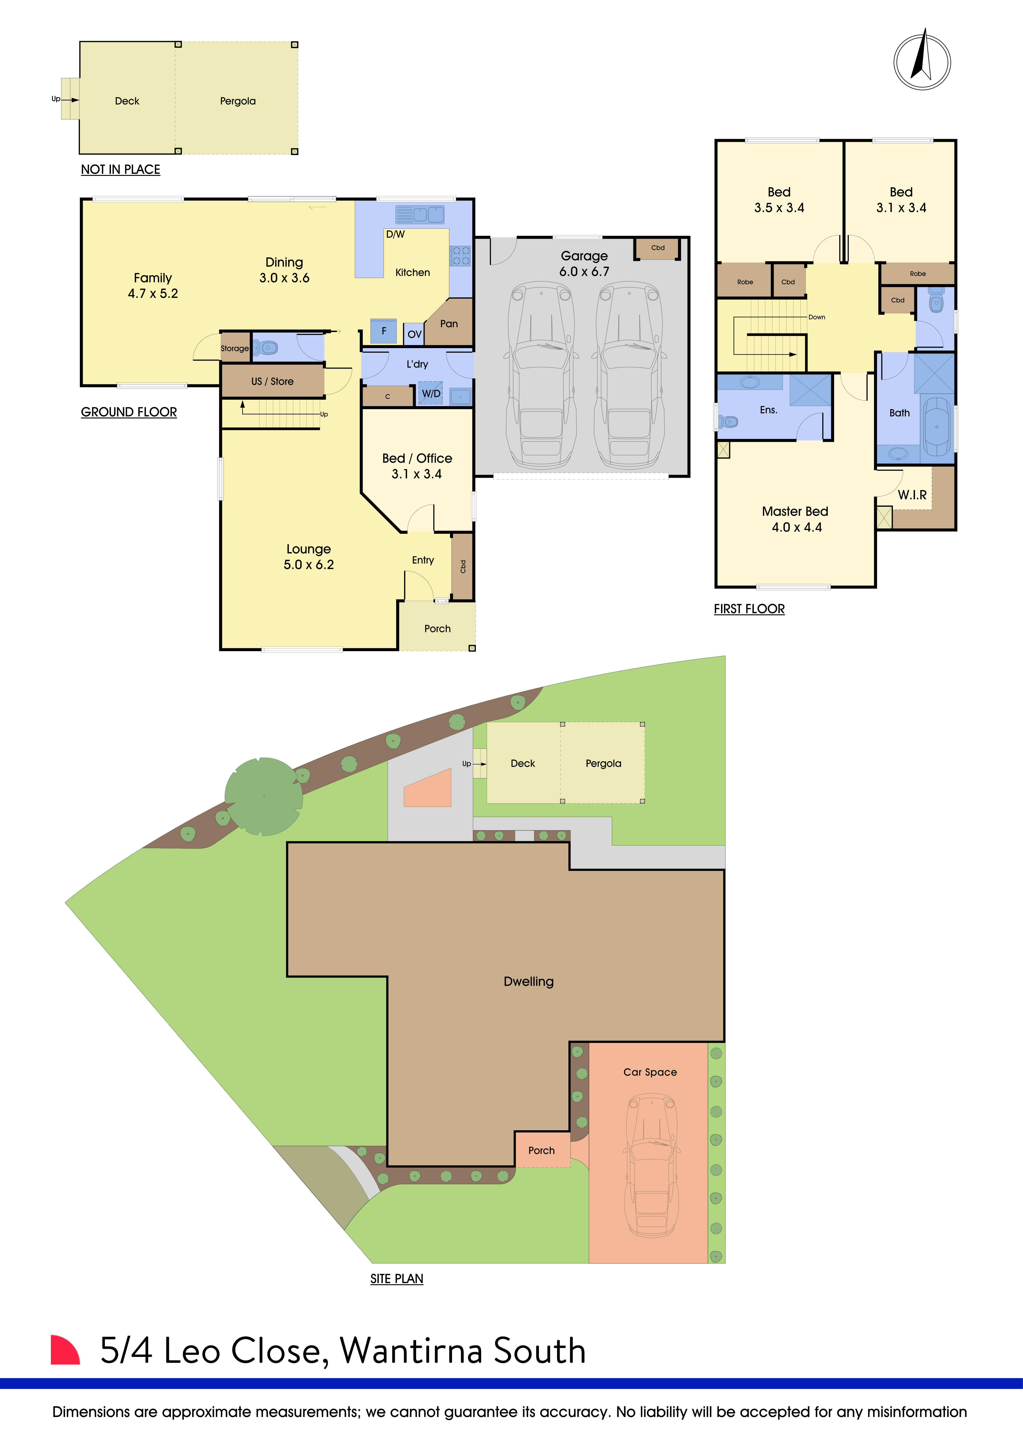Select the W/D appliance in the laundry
[x=431, y=394]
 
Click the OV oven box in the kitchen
[x=414, y=334]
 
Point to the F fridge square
[x=384, y=331]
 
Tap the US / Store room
[x=272, y=381]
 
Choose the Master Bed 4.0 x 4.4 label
[x=795, y=519]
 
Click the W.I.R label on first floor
[x=911, y=495]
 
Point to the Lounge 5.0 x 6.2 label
[x=309, y=557]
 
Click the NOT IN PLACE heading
[x=120, y=169]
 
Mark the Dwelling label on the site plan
[x=528, y=981]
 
